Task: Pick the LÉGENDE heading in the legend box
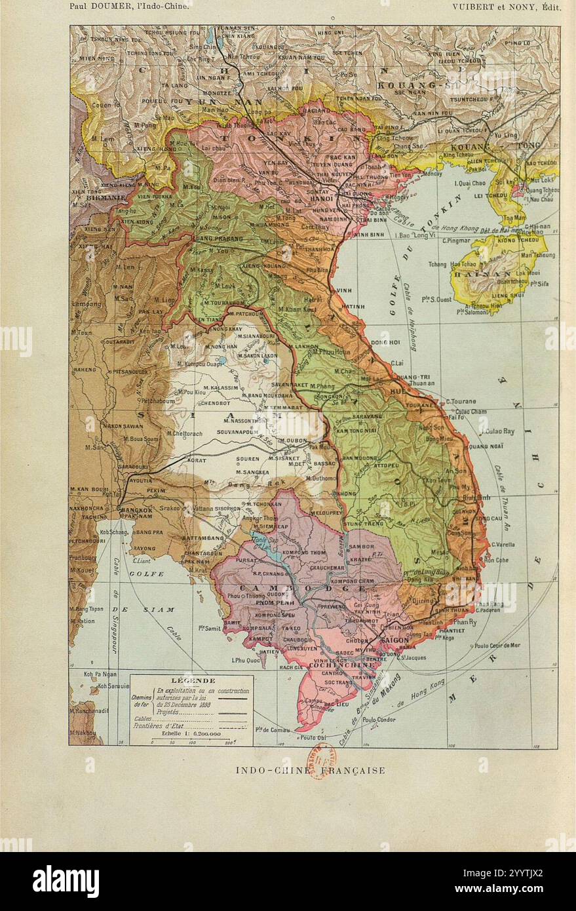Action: pyautogui.click(x=192, y=680)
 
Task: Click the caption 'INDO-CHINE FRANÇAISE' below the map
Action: pyautogui.click(x=310, y=771)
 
